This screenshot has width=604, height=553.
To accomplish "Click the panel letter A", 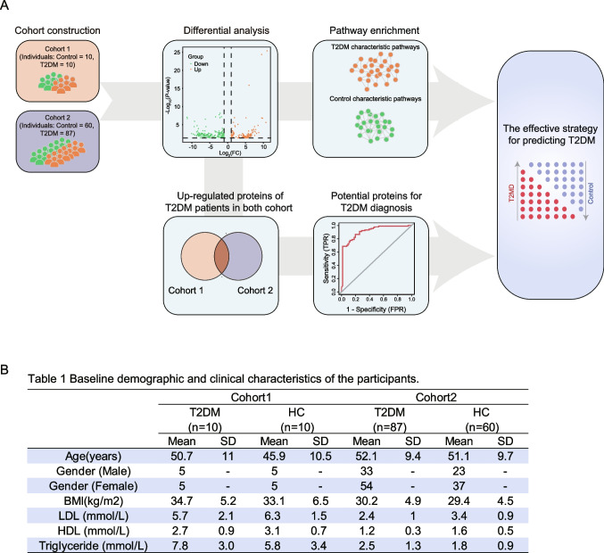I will [x=8, y=7].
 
